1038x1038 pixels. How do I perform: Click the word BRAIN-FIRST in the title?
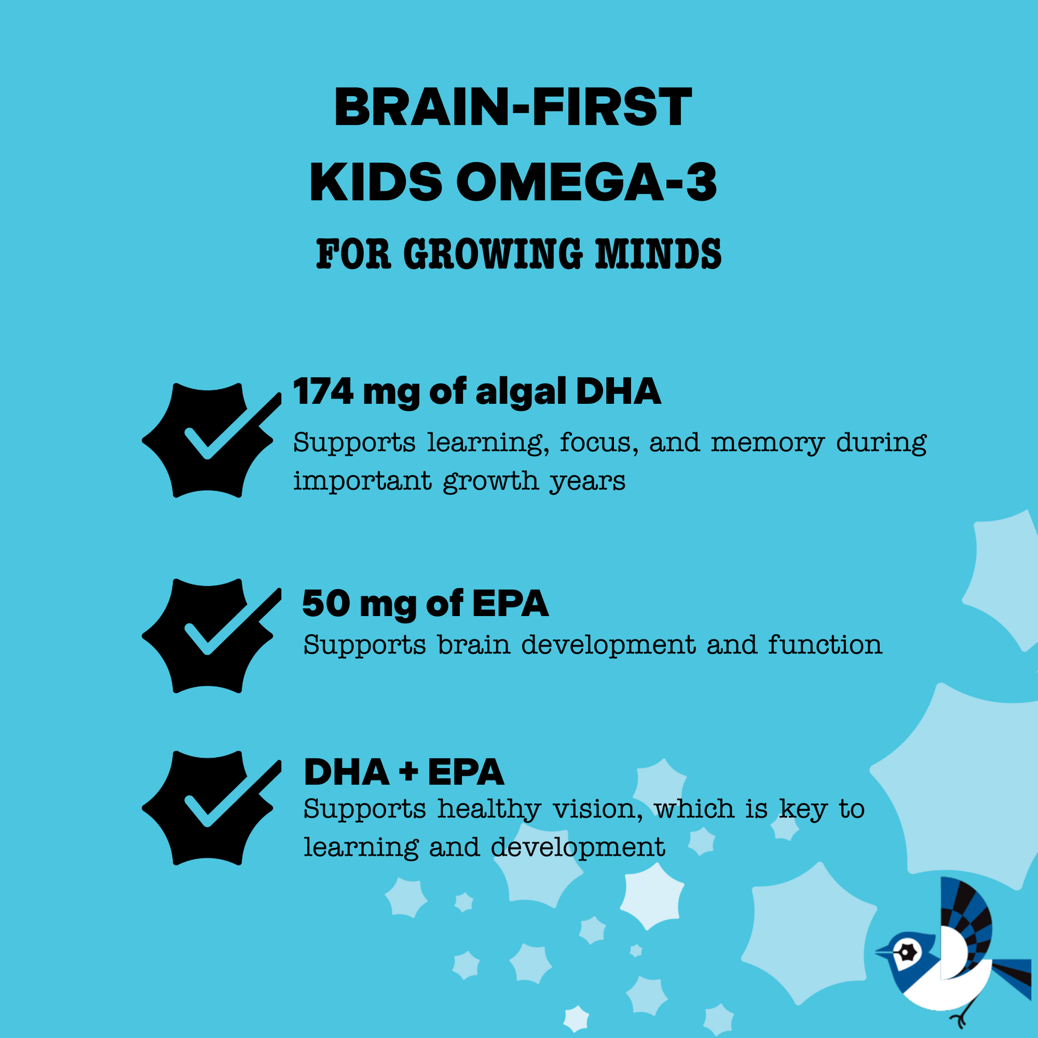pyautogui.click(x=513, y=107)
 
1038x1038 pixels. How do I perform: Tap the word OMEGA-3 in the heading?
pyautogui.click(x=587, y=182)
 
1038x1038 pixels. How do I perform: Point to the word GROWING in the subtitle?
pyautogui.click(x=493, y=254)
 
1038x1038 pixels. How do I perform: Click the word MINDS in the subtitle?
pyautogui.click(x=659, y=254)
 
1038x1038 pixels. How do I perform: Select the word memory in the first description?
pyautogui.click(x=768, y=444)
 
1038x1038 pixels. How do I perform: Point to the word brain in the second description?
pyautogui.click(x=474, y=645)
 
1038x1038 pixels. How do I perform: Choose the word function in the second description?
pyautogui.click(x=825, y=645)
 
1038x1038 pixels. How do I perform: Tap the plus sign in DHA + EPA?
pyautogui.click(x=409, y=772)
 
